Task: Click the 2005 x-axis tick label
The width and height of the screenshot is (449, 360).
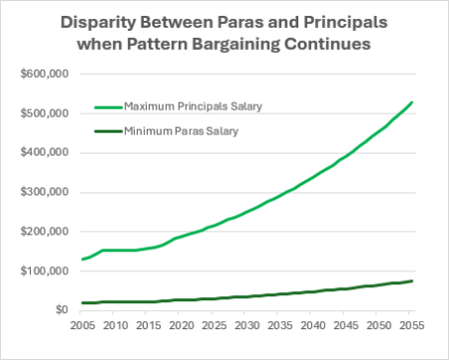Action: [x=83, y=326]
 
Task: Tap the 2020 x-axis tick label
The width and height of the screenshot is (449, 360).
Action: [x=181, y=326]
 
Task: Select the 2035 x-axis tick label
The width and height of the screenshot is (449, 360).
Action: [x=278, y=326]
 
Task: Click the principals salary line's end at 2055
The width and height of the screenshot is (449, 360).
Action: [x=412, y=102]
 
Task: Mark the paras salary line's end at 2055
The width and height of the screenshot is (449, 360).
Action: [x=412, y=281]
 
